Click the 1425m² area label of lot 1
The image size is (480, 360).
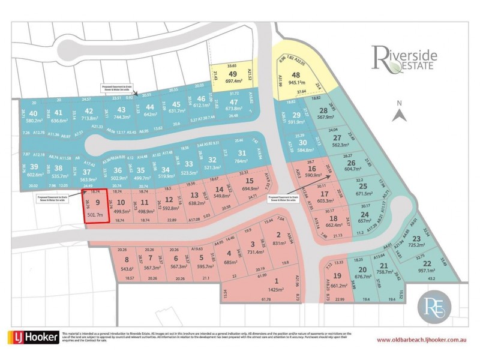tap(276, 289)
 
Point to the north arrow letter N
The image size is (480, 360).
tap(397, 103)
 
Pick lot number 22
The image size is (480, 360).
tap(427, 263)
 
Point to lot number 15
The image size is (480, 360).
tap(250, 181)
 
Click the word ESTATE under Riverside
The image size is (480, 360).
tap(419, 68)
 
